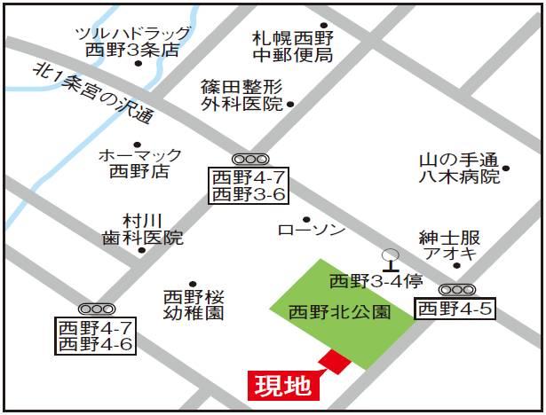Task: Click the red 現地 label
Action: click(282, 386)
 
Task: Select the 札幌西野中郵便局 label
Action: click(292, 47)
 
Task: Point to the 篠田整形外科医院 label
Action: click(241, 95)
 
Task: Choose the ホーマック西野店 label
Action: click(139, 163)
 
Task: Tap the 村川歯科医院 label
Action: click(141, 229)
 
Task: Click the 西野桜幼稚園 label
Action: click(194, 304)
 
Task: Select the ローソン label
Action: click(311, 231)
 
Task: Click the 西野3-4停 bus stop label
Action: click(375, 282)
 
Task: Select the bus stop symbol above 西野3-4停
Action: click(390, 257)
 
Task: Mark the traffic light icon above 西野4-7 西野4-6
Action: click(93, 308)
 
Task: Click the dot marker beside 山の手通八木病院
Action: click(506, 167)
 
